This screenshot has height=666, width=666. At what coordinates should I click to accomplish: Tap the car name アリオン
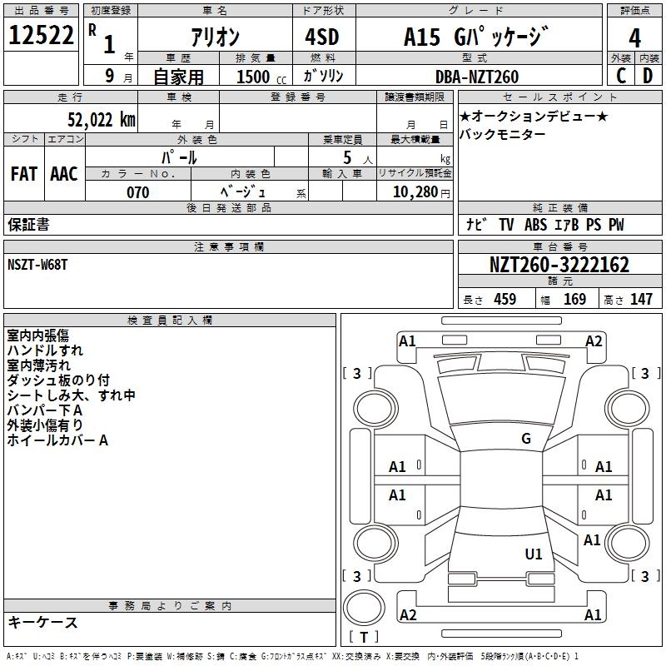click(x=215, y=37)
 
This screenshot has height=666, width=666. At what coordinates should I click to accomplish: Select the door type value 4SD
click(x=321, y=37)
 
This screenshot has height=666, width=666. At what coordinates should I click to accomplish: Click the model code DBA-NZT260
click(x=477, y=77)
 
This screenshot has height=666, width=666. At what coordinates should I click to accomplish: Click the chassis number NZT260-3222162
click(x=559, y=266)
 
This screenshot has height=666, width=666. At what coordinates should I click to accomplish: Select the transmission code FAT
click(x=24, y=174)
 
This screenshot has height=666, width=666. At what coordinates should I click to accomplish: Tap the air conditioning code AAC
click(x=64, y=174)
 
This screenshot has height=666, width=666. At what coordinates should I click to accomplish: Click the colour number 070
click(x=137, y=192)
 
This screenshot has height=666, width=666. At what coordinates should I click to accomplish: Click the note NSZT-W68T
click(x=40, y=266)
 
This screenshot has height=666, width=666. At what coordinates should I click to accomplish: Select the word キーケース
click(x=43, y=623)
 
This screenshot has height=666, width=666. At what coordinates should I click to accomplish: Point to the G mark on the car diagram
click(x=526, y=439)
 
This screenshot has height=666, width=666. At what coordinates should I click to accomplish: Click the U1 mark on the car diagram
click(x=534, y=554)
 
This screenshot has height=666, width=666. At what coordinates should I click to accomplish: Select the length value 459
click(x=504, y=300)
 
